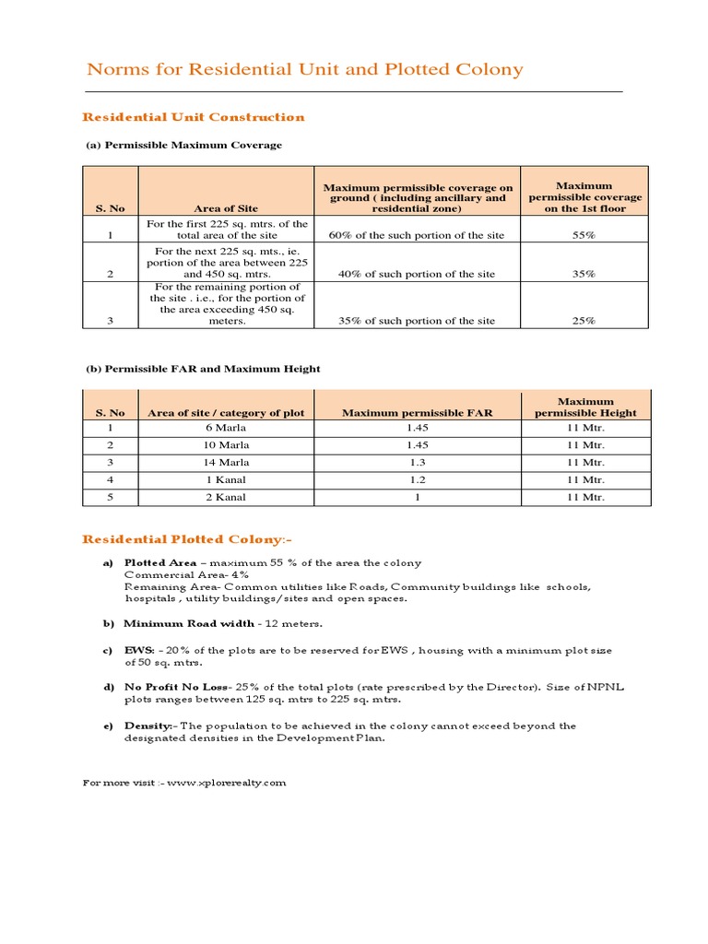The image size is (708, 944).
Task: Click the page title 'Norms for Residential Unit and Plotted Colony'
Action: coord(304,70)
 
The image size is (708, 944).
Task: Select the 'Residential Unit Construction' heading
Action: coord(194,117)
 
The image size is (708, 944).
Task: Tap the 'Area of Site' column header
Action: coord(225,208)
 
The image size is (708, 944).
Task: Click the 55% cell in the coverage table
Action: coord(584,235)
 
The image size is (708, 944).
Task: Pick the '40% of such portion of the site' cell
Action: coord(417,274)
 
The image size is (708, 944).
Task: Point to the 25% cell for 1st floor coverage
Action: coord(584,321)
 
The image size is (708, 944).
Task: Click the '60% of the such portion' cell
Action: coord(417,235)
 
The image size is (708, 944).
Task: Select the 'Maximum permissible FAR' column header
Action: coord(417,413)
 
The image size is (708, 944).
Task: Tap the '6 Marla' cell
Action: coord(225,429)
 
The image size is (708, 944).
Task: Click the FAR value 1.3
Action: coord(417,463)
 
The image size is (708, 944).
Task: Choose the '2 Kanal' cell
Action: coord(225,497)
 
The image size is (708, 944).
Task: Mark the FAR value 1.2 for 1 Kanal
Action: coord(417,480)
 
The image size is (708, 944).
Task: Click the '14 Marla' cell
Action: coord(225,463)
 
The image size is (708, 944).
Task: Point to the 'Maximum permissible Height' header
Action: coord(585,407)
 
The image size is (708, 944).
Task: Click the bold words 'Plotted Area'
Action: coord(158,562)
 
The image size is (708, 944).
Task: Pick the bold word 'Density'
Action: coord(147,726)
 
